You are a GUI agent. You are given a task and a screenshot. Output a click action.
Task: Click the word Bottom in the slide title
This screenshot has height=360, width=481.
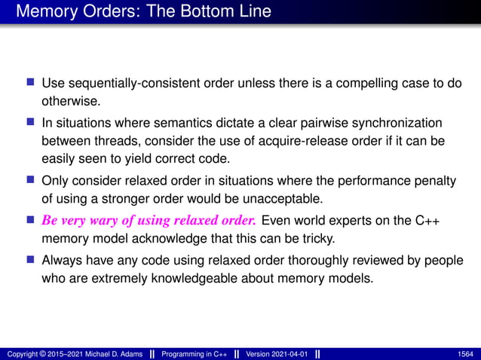(x=198, y=12)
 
